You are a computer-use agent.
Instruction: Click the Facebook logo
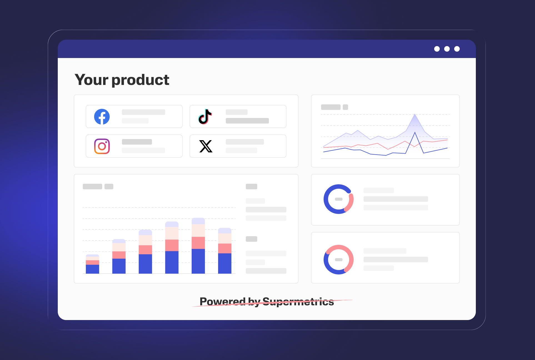[102, 117]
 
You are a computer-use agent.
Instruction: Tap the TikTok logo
[205, 117]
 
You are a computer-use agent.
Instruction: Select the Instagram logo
[102, 146]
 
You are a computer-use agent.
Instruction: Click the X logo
[206, 146]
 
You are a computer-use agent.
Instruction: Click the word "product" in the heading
[140, 80]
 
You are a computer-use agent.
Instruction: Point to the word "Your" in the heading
[91, 80]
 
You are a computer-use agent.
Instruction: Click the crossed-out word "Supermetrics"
[298, 301]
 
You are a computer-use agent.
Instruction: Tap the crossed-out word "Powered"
[222, 301]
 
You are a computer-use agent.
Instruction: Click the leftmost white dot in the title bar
[437, 49]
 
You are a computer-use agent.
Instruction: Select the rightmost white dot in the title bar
[457, 49]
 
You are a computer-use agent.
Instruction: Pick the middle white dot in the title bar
[447, 49]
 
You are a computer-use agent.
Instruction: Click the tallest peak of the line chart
[415, 114]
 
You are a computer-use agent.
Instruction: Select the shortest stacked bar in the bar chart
[92, 264]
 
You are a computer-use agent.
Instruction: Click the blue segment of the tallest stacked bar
[198, 261]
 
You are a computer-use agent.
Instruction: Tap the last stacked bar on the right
[225, 251]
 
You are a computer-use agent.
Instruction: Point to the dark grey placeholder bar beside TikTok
[247, 121]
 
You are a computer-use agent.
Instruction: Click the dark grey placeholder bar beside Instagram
[137, 142]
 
